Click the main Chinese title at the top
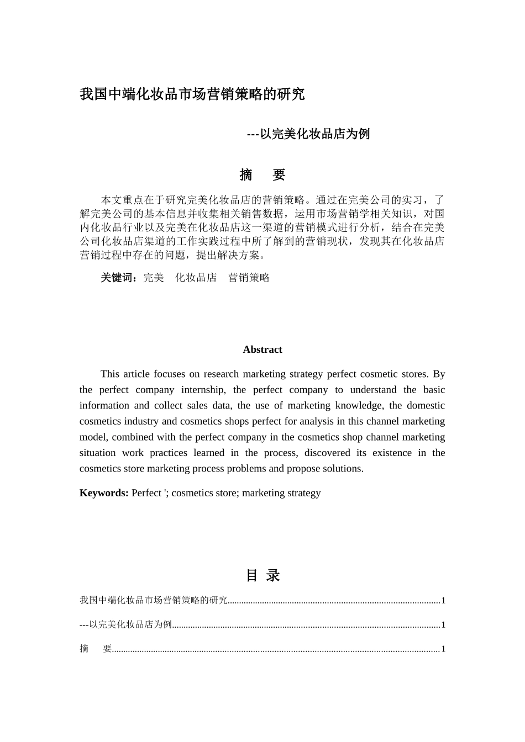tap(192, 94)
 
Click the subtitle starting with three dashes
tap(308, 134)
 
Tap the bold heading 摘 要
tap(262, 175)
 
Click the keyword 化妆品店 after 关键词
tap(196, 278)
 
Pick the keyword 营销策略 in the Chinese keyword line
tap(249, 278)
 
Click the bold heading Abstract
tap(262, 349)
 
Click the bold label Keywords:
tap(104, 493)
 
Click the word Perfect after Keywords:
tap(146, 493)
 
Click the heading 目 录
tap(262, 575)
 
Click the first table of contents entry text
tap(153, 600)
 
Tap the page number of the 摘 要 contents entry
tap(443, 649)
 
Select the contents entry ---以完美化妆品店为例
tap(125, 624)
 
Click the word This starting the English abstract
tap(110, 374)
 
